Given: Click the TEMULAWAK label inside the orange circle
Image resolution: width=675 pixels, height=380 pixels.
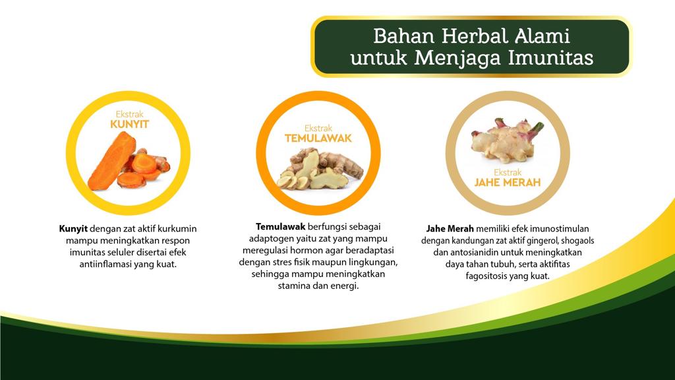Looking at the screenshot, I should (318, 138).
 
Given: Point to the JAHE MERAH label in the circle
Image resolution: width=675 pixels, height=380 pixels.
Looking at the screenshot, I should (508, 181).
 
